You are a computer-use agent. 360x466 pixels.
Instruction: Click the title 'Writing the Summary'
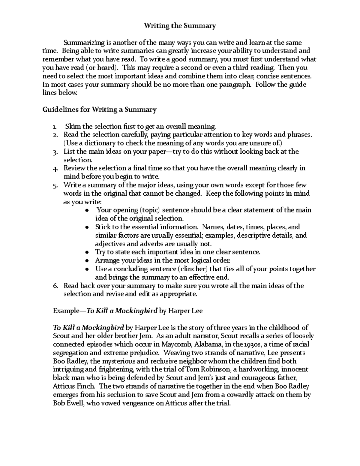tap(180, 26)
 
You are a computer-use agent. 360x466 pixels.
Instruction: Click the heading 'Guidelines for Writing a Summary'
tap(99, 110)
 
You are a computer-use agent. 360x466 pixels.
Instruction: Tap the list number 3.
tap(55, 152)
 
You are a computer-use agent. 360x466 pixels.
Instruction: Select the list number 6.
tap(55, 286)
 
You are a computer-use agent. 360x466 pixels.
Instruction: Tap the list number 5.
tap(55, 186)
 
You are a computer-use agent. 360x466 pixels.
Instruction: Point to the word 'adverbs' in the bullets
tap(140, 244)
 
